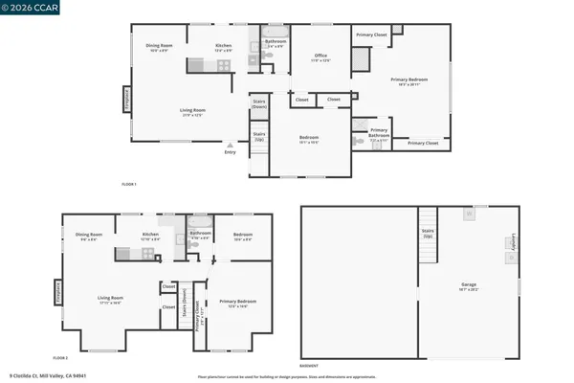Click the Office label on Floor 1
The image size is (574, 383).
coord(321,56)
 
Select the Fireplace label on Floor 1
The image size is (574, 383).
coord(125,100)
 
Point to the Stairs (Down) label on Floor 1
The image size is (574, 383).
coord(258,103)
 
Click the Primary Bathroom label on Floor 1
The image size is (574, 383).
coord(379,133)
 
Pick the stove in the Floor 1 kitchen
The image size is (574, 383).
coord(224,65)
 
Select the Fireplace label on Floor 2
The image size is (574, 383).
coord(60,289)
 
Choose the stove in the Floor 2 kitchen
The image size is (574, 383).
coord(150,254)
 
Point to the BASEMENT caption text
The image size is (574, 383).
coord(309,366)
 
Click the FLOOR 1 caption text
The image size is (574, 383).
coord(128,183)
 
